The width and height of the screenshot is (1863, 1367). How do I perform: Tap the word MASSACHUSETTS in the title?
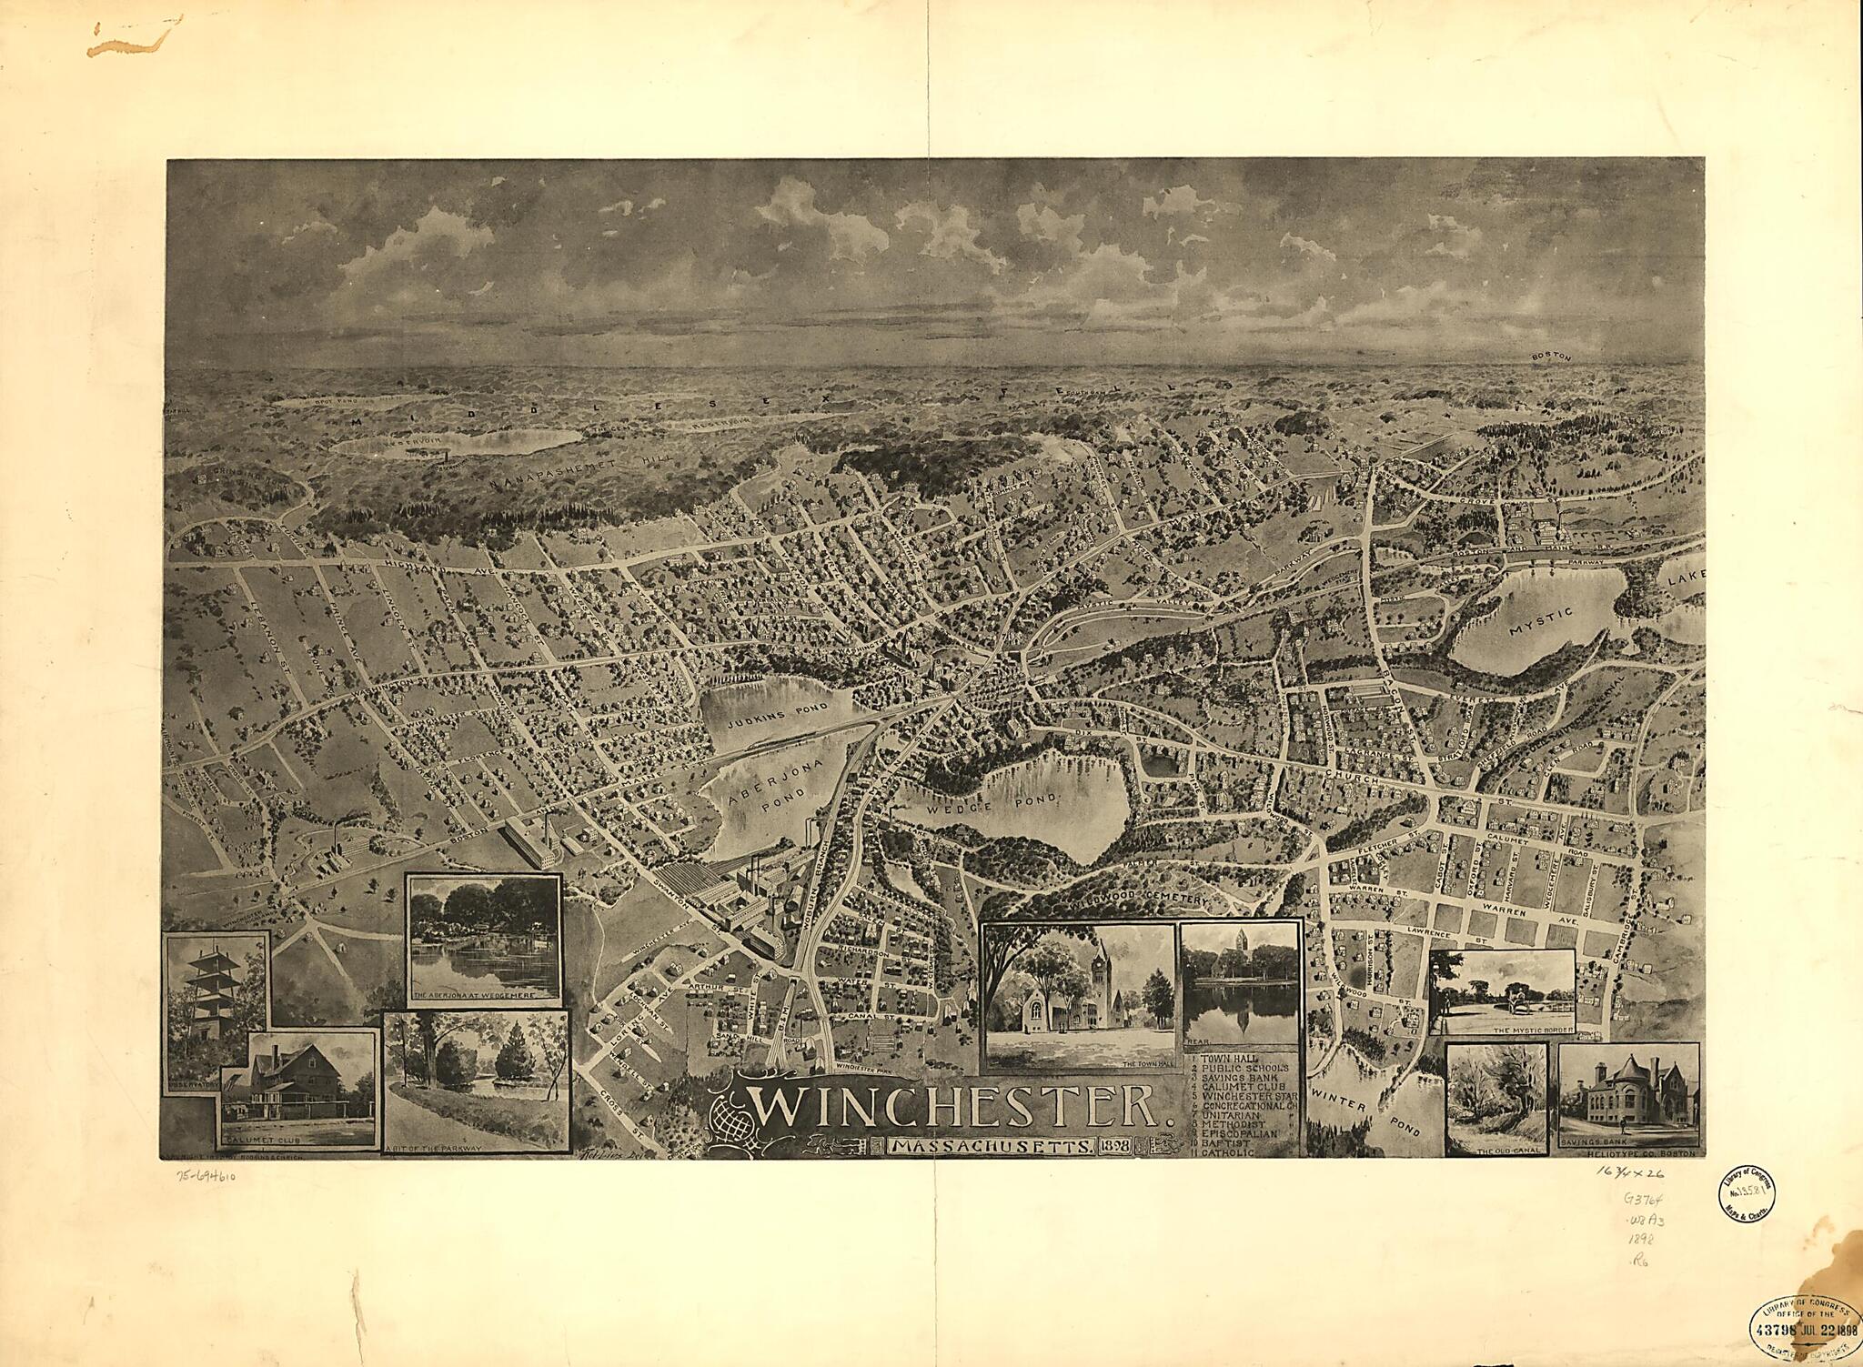(x=992, y=1147)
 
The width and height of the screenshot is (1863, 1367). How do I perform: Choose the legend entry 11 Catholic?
(x=1227, y=1152)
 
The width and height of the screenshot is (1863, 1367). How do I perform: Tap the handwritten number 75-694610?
(x=207, y=1176)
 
